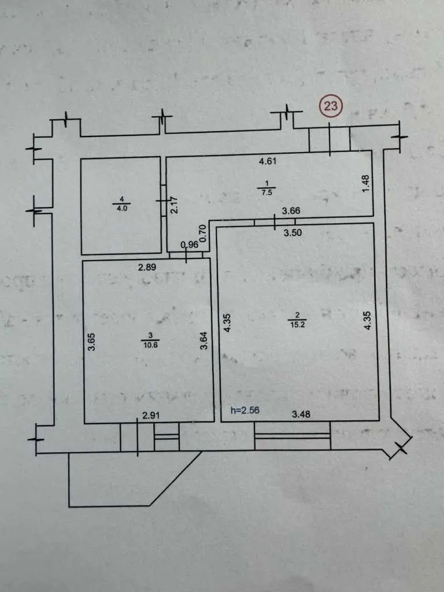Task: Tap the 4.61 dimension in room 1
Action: pyautogui.click(x=268, y=162)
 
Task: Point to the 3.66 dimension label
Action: pyautogui.click(x=291, y=212)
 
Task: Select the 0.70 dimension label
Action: pyautogui.click(x=203, y=232)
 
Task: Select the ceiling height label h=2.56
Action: pyautogui.click(x=245, y=410)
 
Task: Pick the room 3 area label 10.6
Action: pyautogui.click(x=150, y=346)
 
